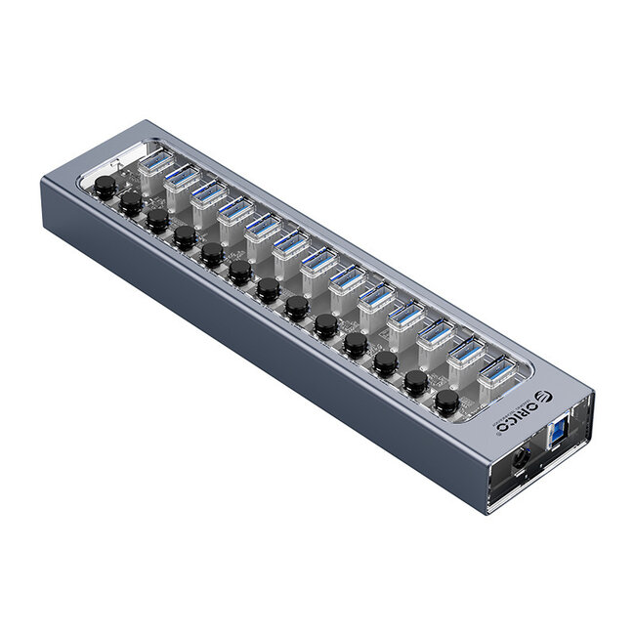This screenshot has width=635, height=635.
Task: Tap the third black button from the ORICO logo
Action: pyautogui.click(x=385, y=361)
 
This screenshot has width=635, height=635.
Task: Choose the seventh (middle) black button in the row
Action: pyautogui.click(x=268, y=288)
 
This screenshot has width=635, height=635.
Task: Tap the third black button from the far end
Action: pyautogui.click(x=156, y=220)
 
